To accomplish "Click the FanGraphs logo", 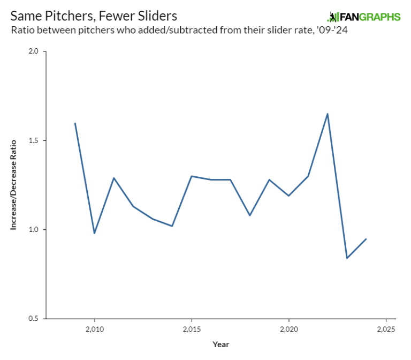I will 363,17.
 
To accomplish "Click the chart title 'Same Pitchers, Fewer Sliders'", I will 94,16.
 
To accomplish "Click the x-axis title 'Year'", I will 220,344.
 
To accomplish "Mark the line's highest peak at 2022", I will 328,114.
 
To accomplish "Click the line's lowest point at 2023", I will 347,258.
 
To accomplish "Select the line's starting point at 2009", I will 75,123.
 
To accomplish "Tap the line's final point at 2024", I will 366,239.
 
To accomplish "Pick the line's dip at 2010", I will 95,233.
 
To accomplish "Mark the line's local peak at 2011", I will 114,178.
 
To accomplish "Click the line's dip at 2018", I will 250,215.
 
